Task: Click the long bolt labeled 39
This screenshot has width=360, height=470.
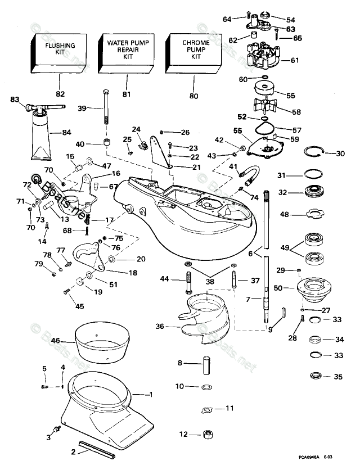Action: pos(105,108)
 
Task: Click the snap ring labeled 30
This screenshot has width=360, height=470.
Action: pos(316,152)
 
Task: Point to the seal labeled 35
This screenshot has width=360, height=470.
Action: pos(318,376)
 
